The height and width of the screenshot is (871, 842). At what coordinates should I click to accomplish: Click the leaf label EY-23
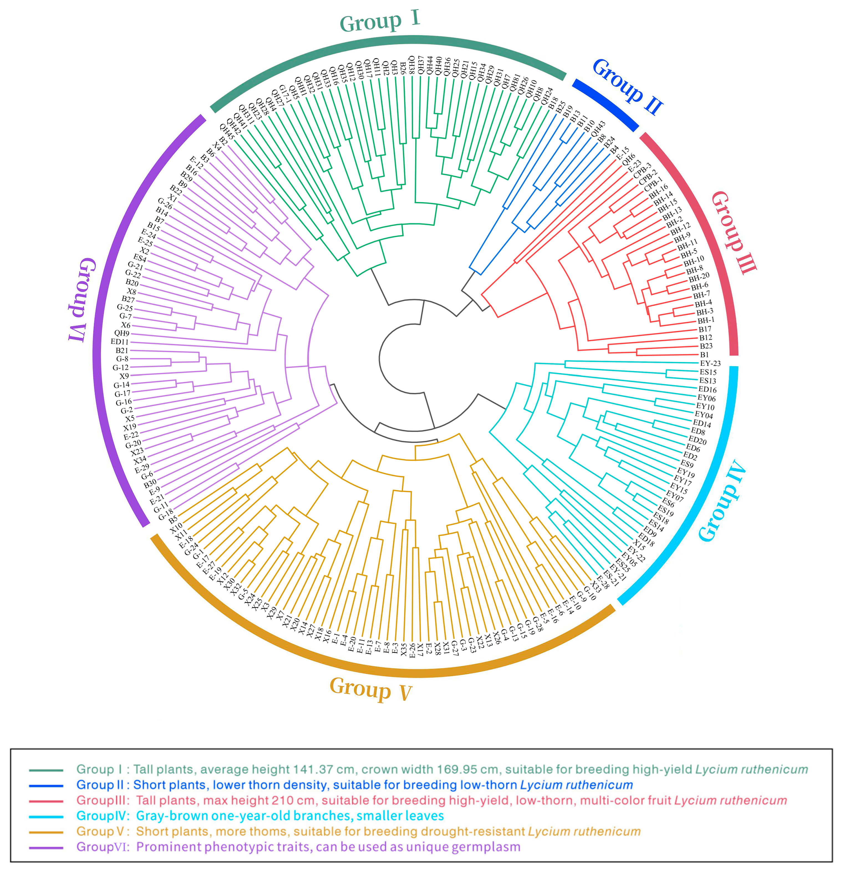click(710, 363)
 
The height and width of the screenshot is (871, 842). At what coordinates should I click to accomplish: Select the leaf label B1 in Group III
click(704, 355)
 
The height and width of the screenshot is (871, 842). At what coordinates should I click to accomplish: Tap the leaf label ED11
click(120, 342)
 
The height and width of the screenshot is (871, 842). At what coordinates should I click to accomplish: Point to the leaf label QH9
click(122, 333)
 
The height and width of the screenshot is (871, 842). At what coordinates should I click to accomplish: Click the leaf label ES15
click(708, 372)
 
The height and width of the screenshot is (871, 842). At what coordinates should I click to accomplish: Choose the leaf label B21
click(122, 350)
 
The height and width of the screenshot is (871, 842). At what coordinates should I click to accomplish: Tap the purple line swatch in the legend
click(46, 847)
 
